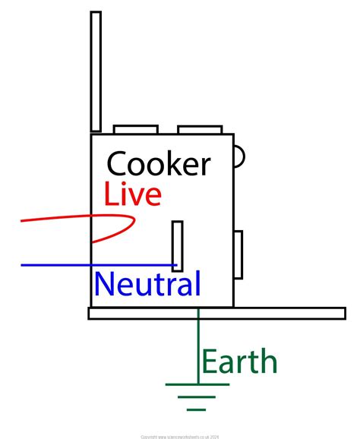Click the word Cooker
(158, 164)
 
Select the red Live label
(133, 195)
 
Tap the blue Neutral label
(147, 285)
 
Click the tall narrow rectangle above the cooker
(96, 71)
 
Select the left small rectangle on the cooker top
(135, 130)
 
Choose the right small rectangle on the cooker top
(199, 130)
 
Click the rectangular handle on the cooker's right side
(237, 254)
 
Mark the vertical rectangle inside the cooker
(177, 245)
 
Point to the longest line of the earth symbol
(197, 384)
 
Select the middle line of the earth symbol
(197, 396)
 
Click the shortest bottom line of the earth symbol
(197, 409)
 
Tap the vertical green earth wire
(198, 349)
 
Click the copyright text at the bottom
(180, 437)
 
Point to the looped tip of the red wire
(134, 221)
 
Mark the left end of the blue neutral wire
(23, 265)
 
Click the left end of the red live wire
(23, 221)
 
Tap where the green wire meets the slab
(198, 318)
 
